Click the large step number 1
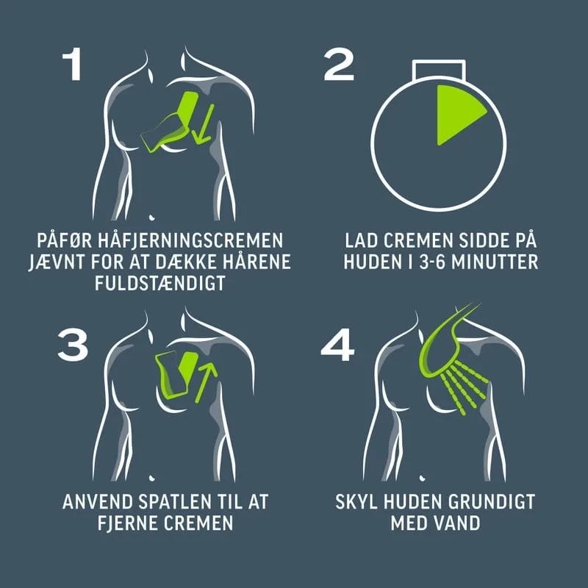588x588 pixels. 72,64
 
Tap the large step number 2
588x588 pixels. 339,64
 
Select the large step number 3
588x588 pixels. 73,345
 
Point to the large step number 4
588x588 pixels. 337,345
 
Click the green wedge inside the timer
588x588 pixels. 456,112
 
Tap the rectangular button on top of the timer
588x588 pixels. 439,70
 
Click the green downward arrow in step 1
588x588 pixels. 204,123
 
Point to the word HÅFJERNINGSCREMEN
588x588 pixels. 190,240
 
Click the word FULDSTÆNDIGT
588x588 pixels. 160,283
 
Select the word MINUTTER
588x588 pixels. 495,262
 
